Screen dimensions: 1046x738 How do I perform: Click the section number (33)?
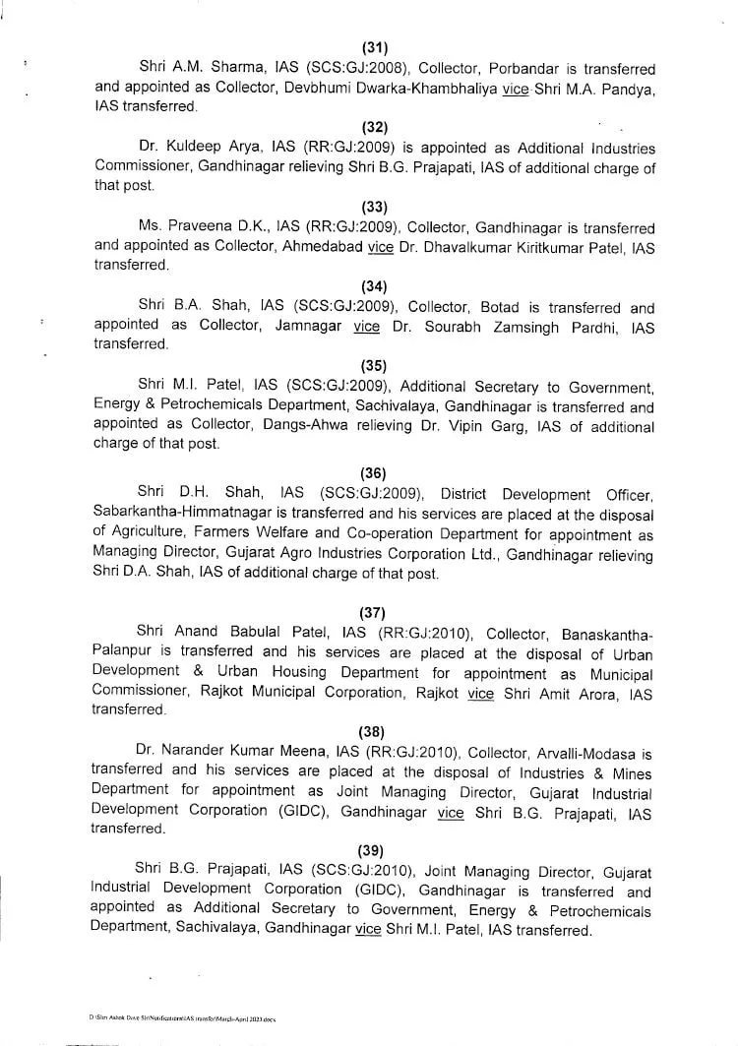pyautogui.click(x=374, y=206)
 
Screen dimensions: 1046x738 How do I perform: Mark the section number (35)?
pyautogui.click(x=374, y=365)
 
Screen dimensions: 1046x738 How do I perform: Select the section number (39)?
pyautogui.click(x=374, y=851)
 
